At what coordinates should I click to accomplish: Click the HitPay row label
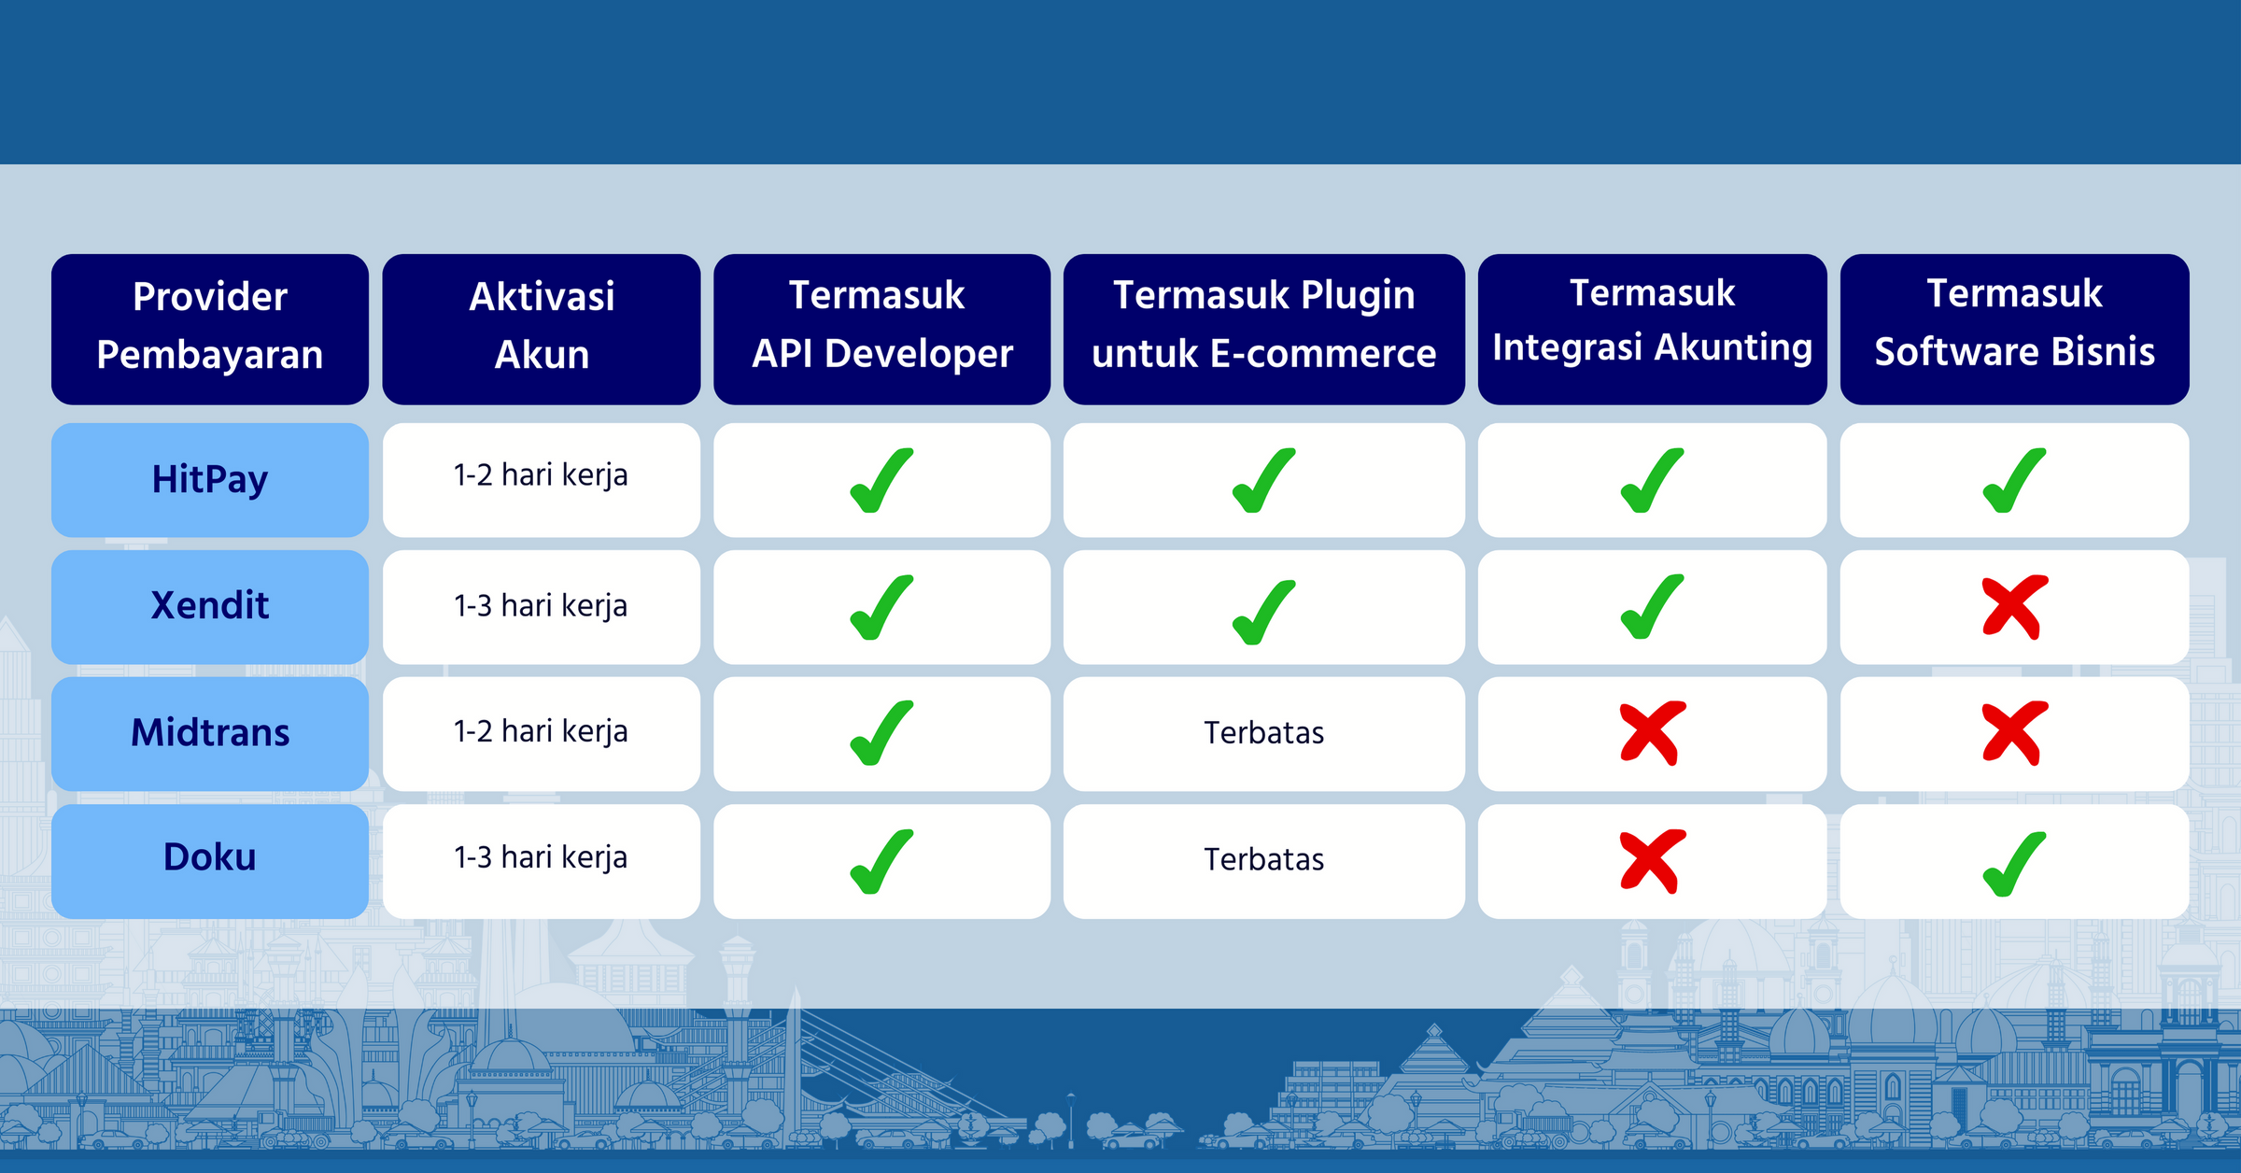pyautogui.click(x=210, y=480)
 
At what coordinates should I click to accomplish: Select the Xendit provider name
pyautogui.click(x=210, y=607)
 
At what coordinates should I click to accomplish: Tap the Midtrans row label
pyautogui.click(x=210, y=734)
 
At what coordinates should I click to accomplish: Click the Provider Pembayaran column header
pyautogui.click(x=210, y=329)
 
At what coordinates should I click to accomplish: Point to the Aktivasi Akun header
pyautogui.click(x=542, y=329)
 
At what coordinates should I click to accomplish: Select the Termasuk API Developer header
pyautogui.click(x=882, y=329)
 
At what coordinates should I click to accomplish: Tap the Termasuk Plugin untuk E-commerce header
pyautogui.click(x=1264, y=329)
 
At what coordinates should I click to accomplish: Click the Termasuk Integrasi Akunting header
pyautogui.click(x=1653, y=329)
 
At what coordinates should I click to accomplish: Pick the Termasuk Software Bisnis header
pyautogui.click(x=2015, y=329)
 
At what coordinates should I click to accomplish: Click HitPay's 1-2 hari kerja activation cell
pyautogui.click(x=542, y=480)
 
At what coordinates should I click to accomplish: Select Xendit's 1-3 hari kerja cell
pyautogui.click(x=542, y=607)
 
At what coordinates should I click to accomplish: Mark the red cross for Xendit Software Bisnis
pyautogui.click(x=2015, y=607)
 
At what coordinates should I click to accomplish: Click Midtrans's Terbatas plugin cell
pyautogui.click(x=1264, y=734)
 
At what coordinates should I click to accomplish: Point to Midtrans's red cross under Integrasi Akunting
pyautogui.click(x=1653, y=733)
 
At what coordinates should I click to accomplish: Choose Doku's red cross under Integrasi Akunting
pyautogui.click(x=1653, y=860)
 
